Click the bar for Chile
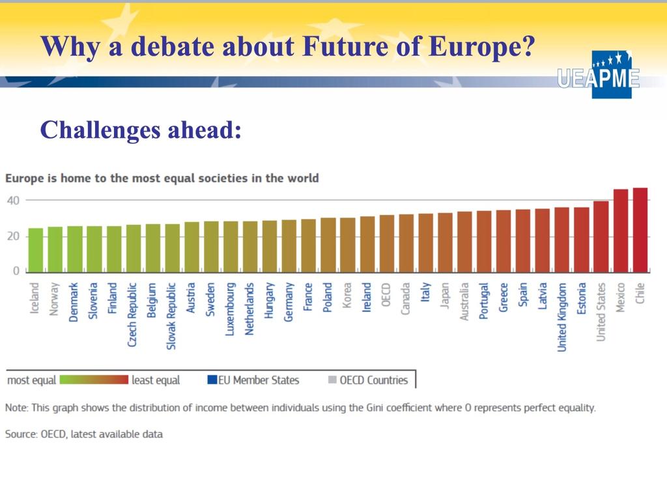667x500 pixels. pos(640,230)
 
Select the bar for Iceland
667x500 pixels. pos(36,250)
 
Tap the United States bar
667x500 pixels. pos(601,236)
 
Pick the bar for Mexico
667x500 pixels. pos(621,231)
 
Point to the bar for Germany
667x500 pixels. pos(289,245)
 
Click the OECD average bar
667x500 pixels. pos(387,243)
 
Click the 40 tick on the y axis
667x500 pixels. pos(13,201)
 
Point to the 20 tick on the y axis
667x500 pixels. pos(13,236)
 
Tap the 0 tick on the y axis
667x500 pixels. pos(16,271)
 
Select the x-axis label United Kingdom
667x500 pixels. pos(562,317)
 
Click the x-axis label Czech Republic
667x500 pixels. pos(132,314)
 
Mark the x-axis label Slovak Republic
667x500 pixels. pos(171,316)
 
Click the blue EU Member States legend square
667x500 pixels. pos(212,380)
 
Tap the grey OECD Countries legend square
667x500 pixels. pos(333,380)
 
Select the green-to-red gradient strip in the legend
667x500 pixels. pos(94,380)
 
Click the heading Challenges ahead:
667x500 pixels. pos(141,130)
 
